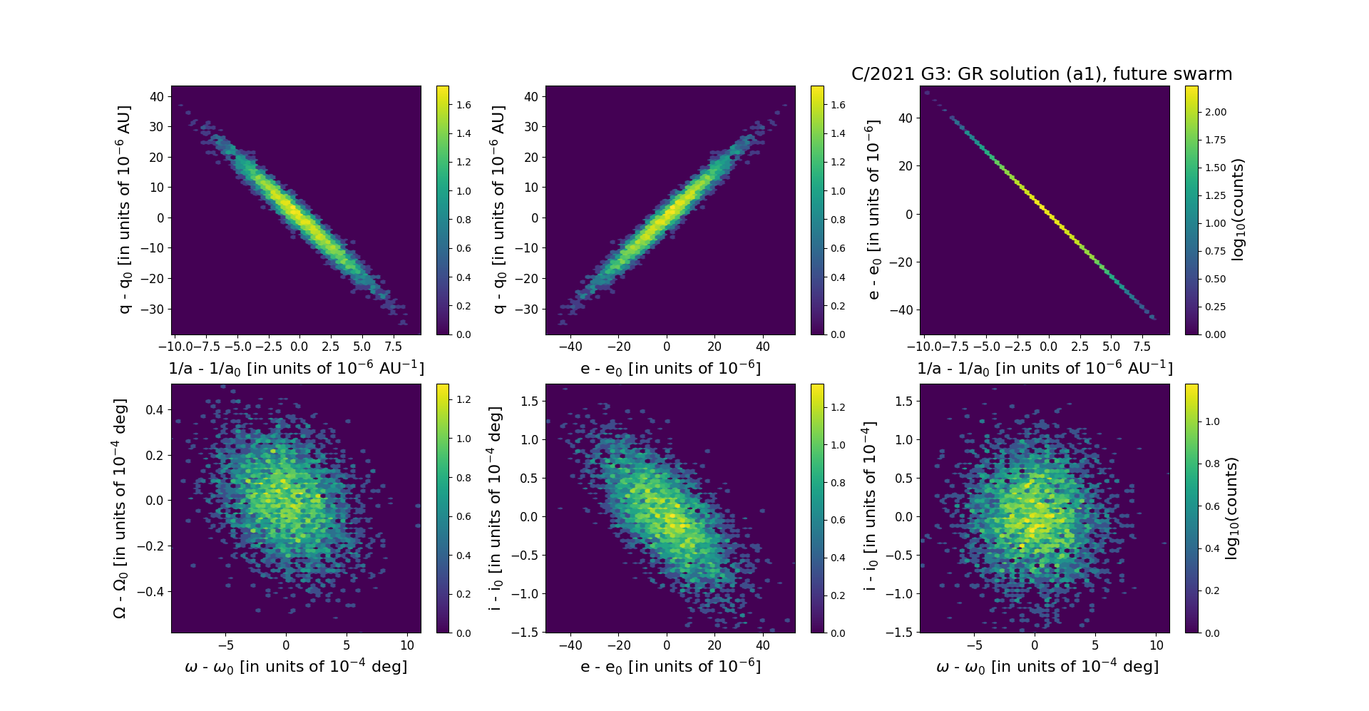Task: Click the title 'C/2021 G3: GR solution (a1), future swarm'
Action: pyautogui.click(x=1042, y=74)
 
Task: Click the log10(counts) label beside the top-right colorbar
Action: pyautogui.click(x=1238, y=210)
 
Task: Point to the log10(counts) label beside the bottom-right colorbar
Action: pyautogui.click(x=1231, y=508)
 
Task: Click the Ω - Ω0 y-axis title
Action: pyautogui.click(x=121, y=508)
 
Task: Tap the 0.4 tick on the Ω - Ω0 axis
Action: pyautogui.click(x=155, y=409)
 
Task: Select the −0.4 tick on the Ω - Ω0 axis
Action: pyautogui.click(x=150, y=592)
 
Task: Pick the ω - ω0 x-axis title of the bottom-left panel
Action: pyautogui.click(x=296, y=667)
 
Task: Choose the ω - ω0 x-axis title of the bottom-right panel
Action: pyautogui.click(x=1047, y=667)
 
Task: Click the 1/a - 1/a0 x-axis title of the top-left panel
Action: pyautogui.click(x=296, y=369)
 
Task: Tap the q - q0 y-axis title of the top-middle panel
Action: pyautogui.click(x=498, y=210)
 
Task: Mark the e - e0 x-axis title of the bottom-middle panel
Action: pyautogui.click(x=670, y=667)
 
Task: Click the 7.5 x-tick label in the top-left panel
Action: pyautogui.click(x=394, y=347)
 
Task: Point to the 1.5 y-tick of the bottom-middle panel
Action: pyautogui.click(x=529, y=401)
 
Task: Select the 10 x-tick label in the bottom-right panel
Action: pyautogui.click(x=1157, y=645)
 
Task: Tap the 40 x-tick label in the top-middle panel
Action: pyautogui.click(x=762, y=347)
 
